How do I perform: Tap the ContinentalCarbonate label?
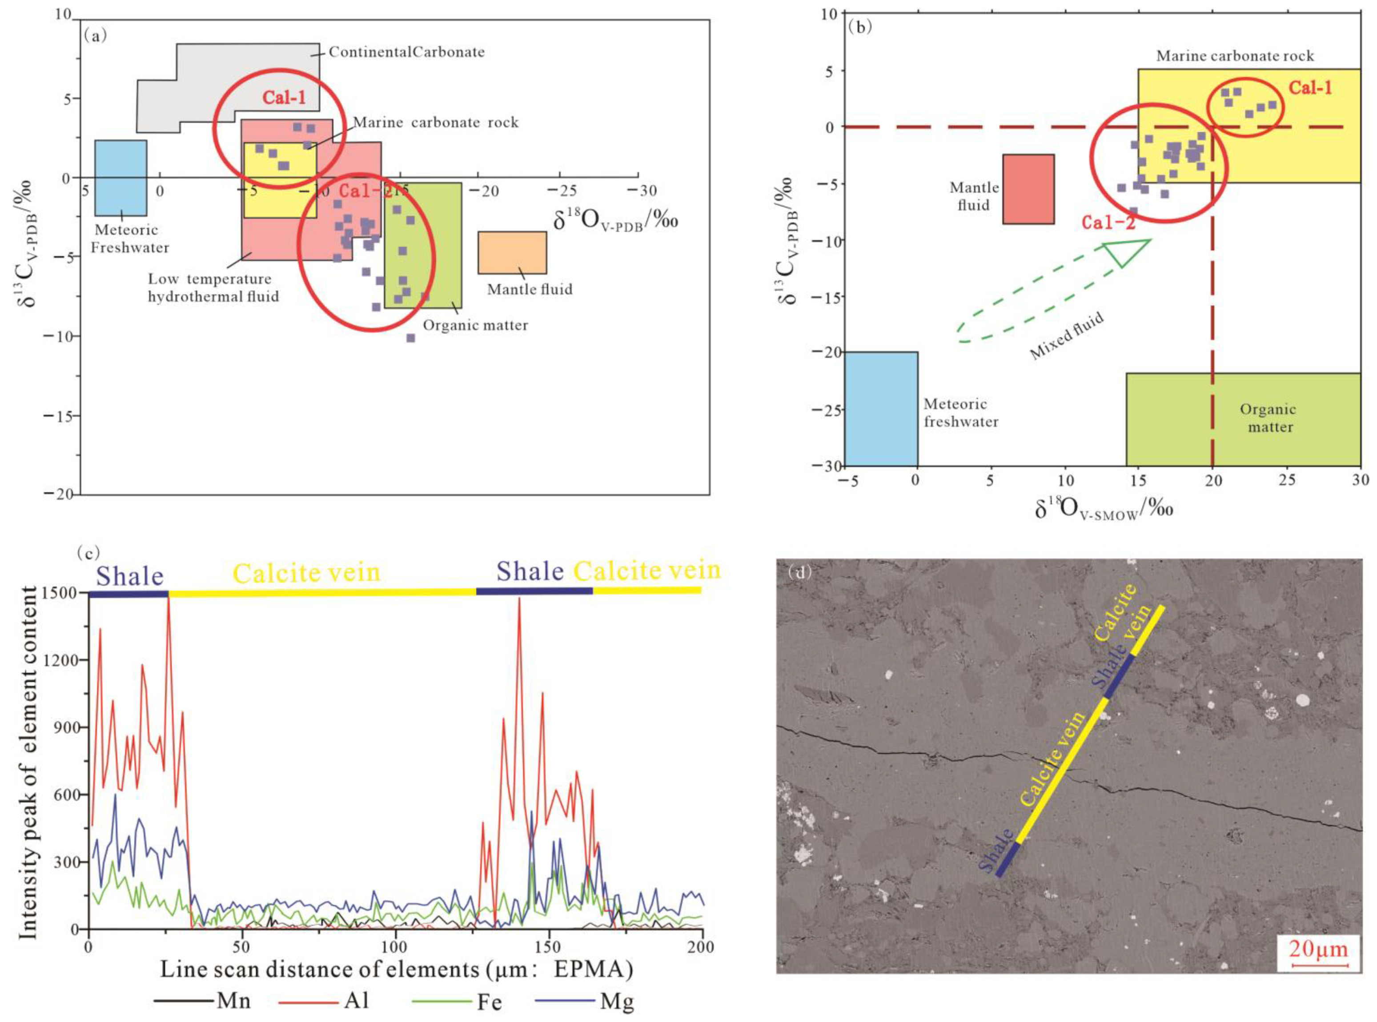click(406, 52)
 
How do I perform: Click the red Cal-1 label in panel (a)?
click(284, 97)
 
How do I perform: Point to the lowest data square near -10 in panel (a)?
click(410, 338)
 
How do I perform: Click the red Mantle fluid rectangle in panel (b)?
click(1028, 189)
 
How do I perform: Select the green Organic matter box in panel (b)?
click(1243, 419)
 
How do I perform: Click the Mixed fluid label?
click(1066, 336)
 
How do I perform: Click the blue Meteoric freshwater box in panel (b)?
click(881, 408)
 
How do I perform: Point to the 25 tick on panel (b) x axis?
click(1287, 480)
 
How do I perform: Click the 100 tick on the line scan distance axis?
click(395, 946)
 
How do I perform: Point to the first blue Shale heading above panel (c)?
click(130, 576)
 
